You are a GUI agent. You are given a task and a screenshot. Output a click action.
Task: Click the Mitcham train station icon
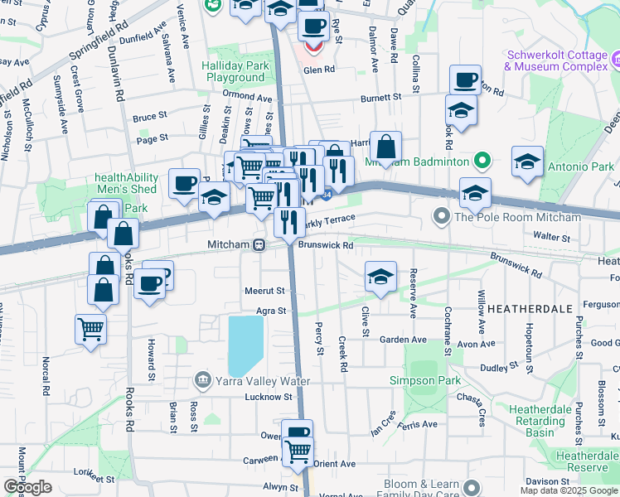click(x=259, y=245)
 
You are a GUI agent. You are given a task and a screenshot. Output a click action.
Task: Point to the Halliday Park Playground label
click(x=235, y=71)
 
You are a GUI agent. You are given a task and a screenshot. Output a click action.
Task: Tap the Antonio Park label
click(x=580, y=166)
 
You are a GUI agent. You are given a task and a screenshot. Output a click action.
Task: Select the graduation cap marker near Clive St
click(x=380, y=277)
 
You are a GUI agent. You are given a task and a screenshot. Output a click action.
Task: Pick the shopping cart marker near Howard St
click(x=90, y=327)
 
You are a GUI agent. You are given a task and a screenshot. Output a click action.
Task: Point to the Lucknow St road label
click(x=269, y=397)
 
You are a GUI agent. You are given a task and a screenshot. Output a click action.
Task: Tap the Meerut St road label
click(x=264, y=291)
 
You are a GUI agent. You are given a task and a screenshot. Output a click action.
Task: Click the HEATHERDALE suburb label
click(x=530, y=308)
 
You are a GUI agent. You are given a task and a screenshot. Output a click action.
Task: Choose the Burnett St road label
click(x=380, y=97)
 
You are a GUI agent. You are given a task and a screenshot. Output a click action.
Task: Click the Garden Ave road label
click(x=402, y=340)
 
